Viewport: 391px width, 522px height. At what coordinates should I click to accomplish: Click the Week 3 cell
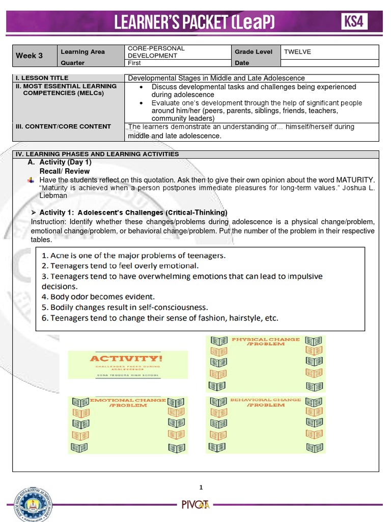coord(30,56)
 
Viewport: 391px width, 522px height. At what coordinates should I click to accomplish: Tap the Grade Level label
coord(254,51)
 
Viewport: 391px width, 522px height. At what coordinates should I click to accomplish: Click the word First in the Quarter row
coord(134,63)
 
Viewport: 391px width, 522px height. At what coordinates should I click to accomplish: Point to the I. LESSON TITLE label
coord(41,78)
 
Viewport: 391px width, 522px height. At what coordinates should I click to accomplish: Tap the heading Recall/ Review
coord(65,171)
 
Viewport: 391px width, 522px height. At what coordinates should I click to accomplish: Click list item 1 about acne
coord(133,255)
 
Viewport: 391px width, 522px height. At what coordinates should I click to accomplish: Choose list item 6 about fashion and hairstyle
coord(160,318)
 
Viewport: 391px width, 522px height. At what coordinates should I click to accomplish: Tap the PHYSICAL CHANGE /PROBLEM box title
coord(266,341)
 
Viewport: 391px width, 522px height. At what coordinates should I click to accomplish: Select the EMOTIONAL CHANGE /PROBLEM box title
coord(128,403)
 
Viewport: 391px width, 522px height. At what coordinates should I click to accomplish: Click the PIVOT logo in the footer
coord(195,505)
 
